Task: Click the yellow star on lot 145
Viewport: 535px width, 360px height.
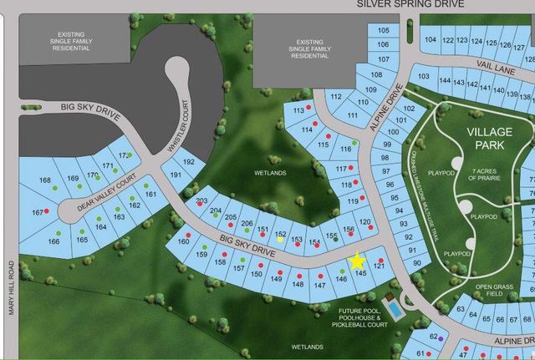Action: [x=358, y=261]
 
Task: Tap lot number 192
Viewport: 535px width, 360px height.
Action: [x=191, y=161]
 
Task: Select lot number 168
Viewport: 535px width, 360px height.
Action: [x=45, y=180]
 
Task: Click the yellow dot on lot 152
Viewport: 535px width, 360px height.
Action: [x=280, y=241]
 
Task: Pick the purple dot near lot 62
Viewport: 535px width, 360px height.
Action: [x=441, y=339]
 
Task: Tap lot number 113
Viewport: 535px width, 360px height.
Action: [x=298, y=110]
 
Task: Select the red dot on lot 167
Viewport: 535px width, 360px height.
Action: [x=47, y=212]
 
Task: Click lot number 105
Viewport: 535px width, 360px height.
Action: [x=383, y=31]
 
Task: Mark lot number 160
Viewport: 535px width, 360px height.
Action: [x=184, y=241]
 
